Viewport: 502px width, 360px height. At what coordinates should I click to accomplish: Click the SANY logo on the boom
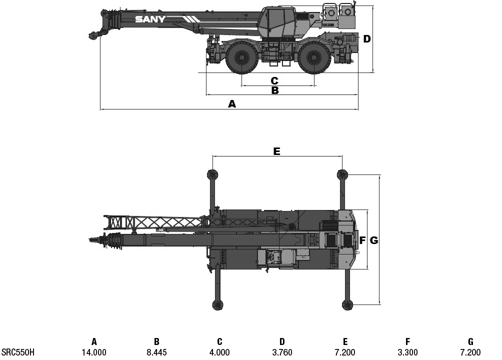click(150, 19)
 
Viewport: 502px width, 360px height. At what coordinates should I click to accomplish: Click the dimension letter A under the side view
click(231, 104)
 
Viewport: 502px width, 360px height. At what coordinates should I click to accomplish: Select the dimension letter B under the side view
click(274, 90)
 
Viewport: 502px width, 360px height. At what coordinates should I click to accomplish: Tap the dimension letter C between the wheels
click(274, 80)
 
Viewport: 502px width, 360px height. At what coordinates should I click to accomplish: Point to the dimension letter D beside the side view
click(367, 39)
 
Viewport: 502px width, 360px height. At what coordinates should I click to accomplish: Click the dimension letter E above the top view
click(276, 151)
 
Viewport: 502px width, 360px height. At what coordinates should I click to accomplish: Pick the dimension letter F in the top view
click(362, 240)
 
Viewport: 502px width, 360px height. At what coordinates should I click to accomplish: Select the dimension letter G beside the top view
click(374, 240)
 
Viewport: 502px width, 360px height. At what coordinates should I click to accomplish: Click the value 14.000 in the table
click(94, 352)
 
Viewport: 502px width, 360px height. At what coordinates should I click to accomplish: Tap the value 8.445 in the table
click(156, 352)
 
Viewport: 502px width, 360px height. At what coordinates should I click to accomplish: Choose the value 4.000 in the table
click(219, 352)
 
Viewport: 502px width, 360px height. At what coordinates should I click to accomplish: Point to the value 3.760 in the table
click(282, 352)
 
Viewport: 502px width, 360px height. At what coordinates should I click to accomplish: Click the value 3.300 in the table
click(407, 352)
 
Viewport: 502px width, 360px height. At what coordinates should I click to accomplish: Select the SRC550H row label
click(18, 352)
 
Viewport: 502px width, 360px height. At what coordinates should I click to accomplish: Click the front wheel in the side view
click(242, 58)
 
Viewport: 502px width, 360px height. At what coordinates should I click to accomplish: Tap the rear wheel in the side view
click(313, 58)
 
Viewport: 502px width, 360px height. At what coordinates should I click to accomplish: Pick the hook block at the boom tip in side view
click(93, 35)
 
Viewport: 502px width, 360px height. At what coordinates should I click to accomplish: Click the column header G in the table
click(470, 342)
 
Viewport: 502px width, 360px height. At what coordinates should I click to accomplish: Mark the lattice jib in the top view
click(155, 221)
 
